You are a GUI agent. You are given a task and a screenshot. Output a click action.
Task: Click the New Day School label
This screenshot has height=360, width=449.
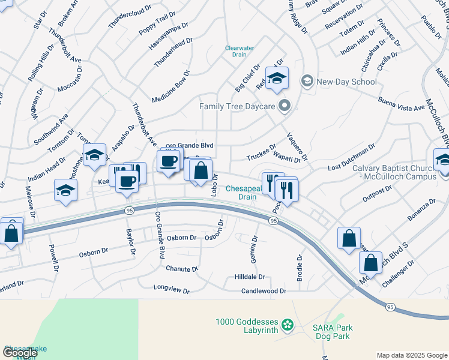click(339, 82)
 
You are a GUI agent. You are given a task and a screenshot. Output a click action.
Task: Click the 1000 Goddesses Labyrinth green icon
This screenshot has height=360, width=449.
click(288, 325)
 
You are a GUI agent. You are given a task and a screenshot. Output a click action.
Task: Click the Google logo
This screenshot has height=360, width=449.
click(20, 352)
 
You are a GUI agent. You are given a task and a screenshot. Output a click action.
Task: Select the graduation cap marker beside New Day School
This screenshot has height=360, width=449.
click(277, 79)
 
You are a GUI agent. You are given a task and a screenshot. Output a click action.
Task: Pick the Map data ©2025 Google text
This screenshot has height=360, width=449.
click(412, 355)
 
